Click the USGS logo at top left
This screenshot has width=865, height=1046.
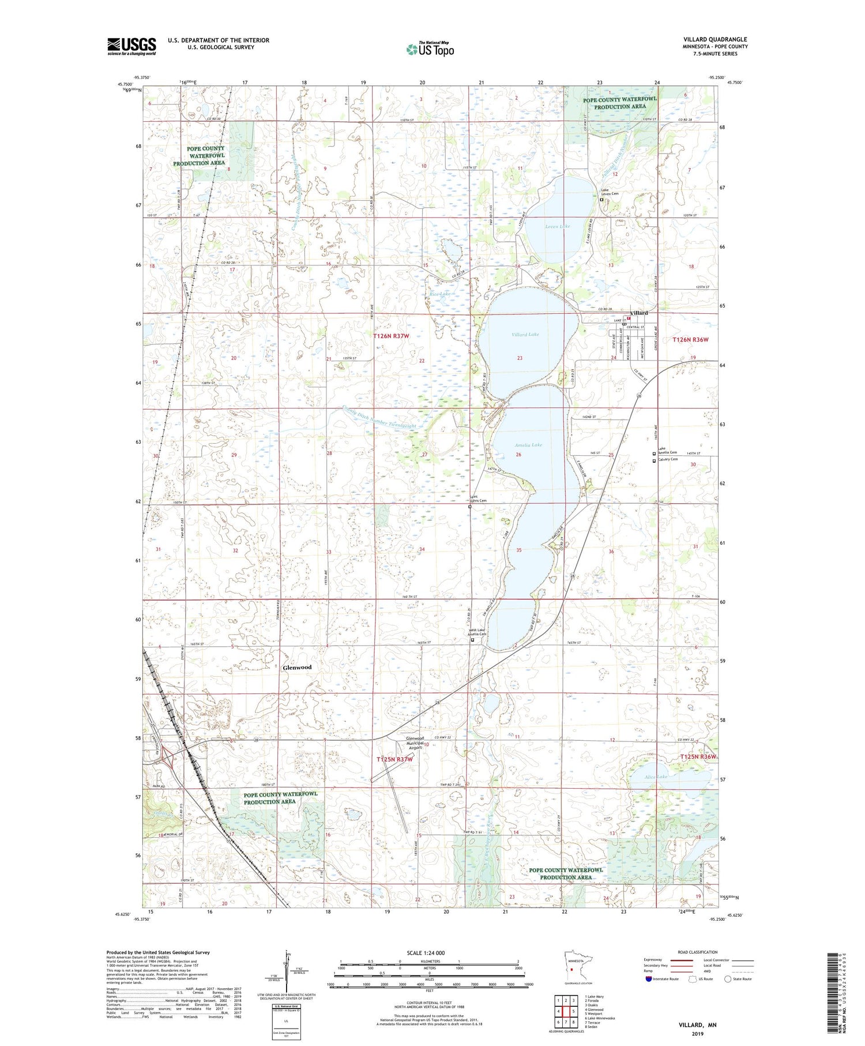[131, 46]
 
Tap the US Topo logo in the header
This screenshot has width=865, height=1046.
[430, 50]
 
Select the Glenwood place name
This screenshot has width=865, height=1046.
[297, 667]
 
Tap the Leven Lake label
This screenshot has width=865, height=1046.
[557, 226]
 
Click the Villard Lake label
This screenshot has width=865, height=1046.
[525, 335]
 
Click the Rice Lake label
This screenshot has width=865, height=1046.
[440, 294]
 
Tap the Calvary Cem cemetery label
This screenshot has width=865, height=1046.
[667, 460]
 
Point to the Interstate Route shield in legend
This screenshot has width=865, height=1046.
[649, 979]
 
